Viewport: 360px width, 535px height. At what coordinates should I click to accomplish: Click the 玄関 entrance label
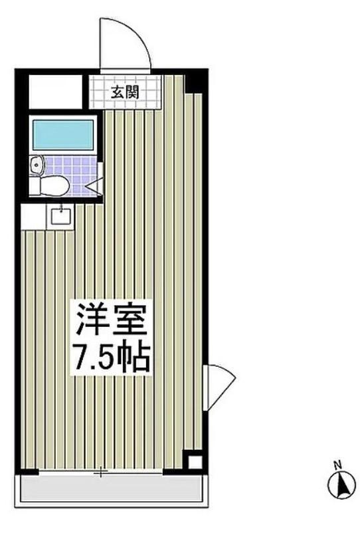click(124, 92)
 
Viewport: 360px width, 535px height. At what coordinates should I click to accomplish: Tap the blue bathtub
click(65, 136)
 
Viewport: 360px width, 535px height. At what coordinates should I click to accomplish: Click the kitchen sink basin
click(61, 214)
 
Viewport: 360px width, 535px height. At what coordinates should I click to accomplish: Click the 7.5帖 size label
click(112, 358)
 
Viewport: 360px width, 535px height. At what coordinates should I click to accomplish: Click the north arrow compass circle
click(341, 485)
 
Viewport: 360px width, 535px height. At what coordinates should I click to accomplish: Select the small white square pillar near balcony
click(193, 463)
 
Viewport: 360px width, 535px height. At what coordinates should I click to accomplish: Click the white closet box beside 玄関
click(55, 92)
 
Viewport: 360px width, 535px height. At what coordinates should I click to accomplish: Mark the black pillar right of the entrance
click(193, 84)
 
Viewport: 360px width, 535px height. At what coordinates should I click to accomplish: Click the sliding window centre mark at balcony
click(100, 473)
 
